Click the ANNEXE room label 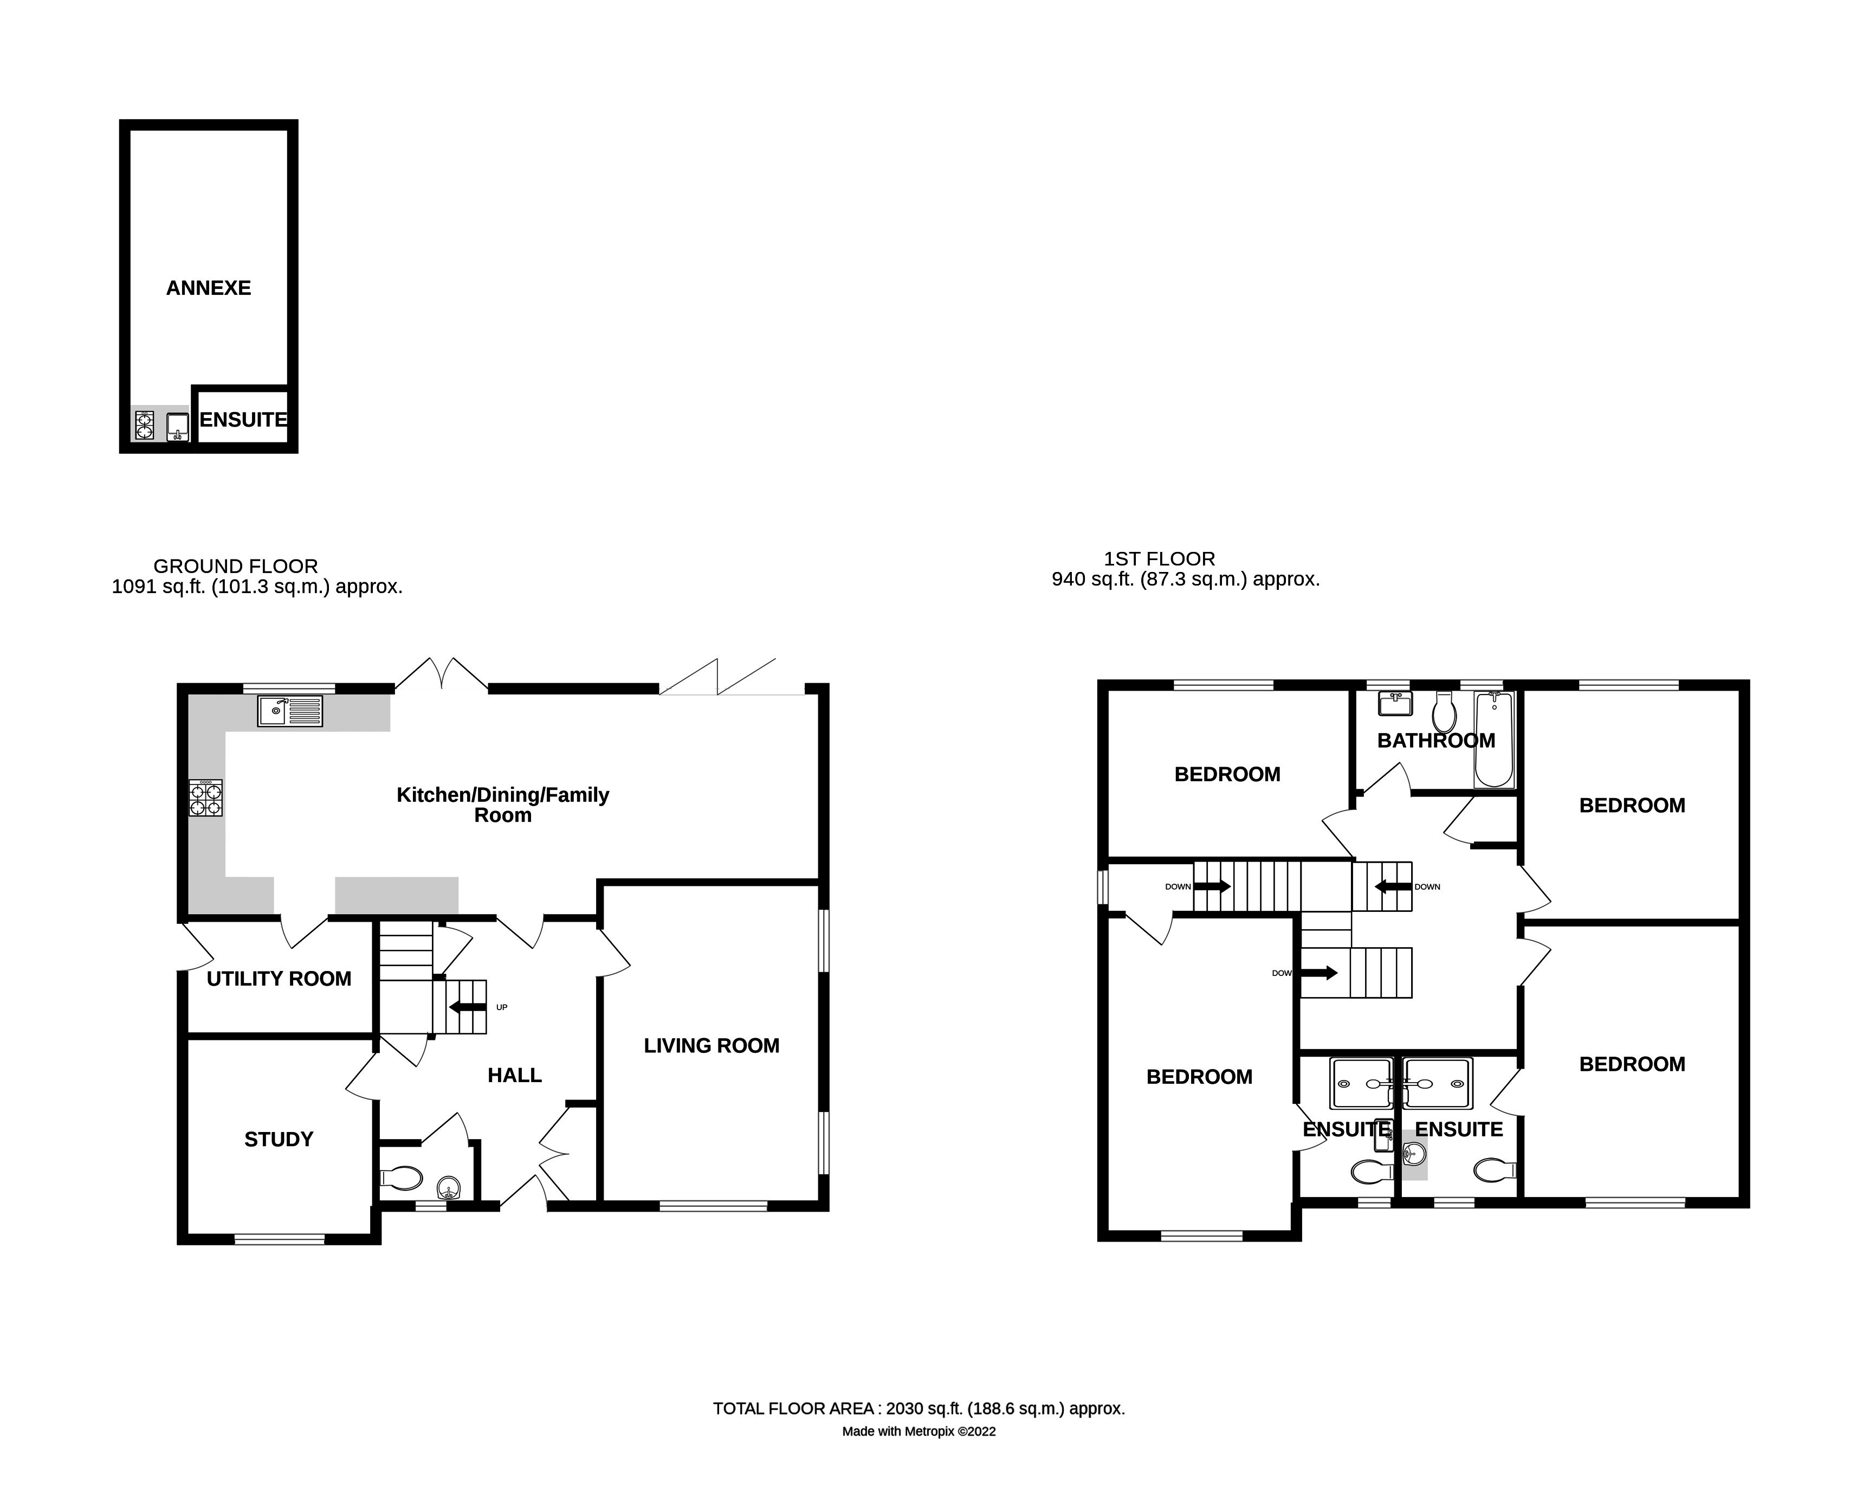click(208, 288)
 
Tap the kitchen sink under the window click(290, 711)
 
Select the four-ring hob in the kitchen click(205, 798)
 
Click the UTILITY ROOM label click(279, 979)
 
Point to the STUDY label click(279, 1139)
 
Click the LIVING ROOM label click(711, 1046)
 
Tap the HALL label click(514, 1076)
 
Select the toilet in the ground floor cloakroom click(402, 1179)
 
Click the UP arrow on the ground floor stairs click(468, 1008)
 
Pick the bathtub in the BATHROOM click(1493, 740)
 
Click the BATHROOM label click(1435, 741)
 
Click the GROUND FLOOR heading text click(235, 567)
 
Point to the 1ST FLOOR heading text click(1159, 559)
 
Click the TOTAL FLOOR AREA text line click(919, 1409)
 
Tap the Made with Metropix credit click(919, 1432)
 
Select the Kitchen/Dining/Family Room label click(503, 805)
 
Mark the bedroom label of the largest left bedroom click(1199, 1077)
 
